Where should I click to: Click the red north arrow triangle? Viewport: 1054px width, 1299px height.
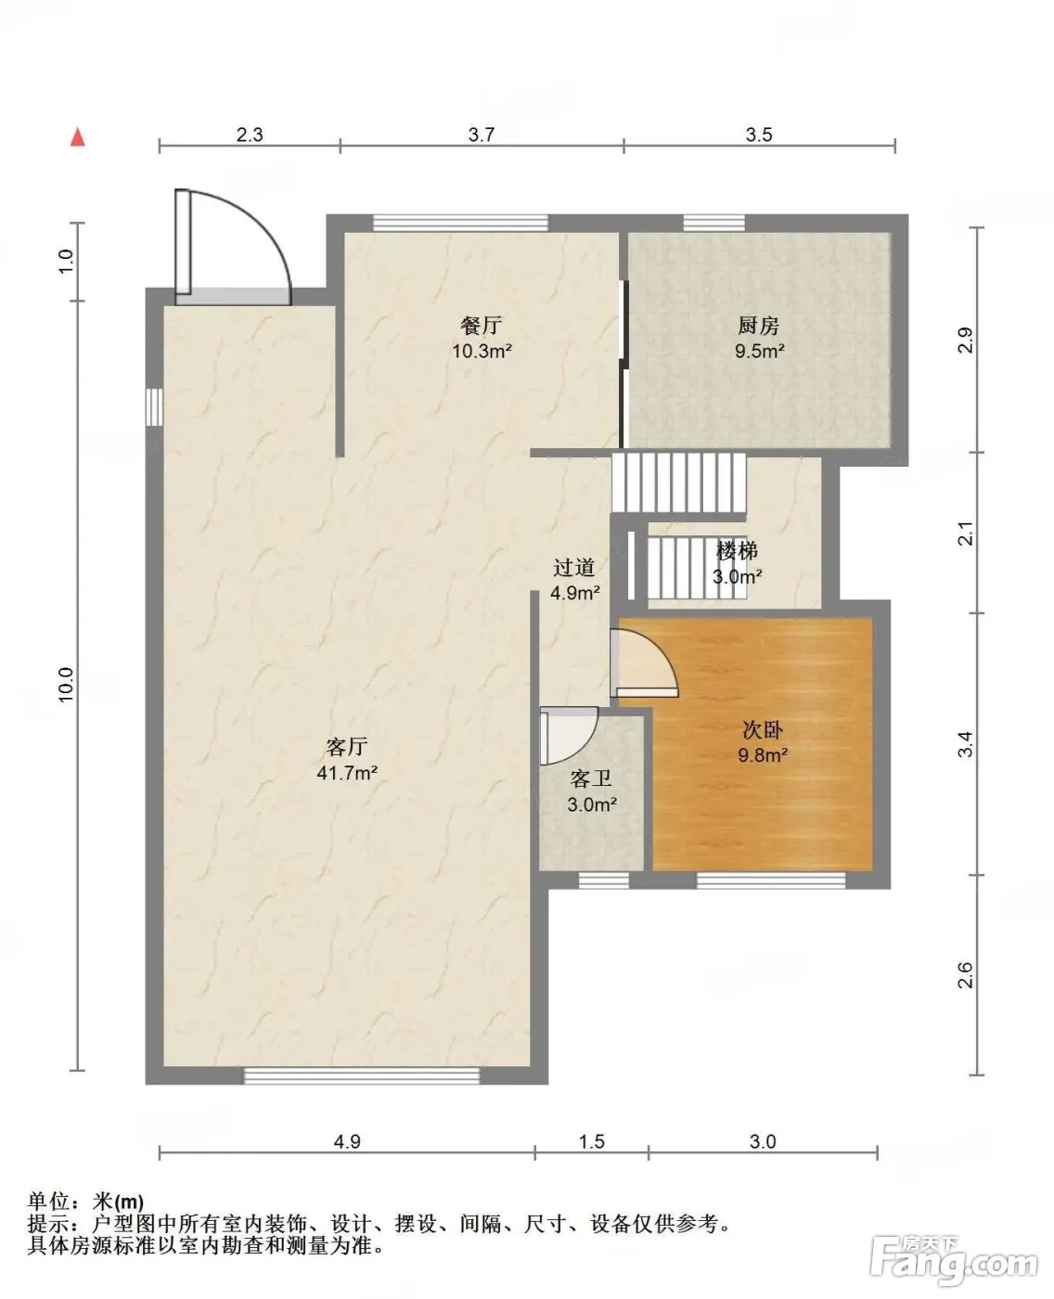point(77,138)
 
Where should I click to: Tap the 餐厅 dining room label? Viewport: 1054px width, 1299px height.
point(481,325)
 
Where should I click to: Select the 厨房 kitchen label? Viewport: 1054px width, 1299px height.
point(758,326)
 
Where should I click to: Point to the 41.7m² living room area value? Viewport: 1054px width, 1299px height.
point(347,773)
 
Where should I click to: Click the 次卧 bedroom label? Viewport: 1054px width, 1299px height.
point(763,729)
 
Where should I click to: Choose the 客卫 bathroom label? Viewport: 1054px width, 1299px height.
point(591,778)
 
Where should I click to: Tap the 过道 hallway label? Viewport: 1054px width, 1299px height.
point(573,567)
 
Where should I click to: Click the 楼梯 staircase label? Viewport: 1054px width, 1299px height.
point(737,551)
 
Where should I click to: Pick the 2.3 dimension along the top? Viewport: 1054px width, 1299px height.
point(250,135)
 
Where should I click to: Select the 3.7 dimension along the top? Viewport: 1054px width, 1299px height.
point(481,135)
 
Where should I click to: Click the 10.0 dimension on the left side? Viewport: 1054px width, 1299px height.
point(66,684)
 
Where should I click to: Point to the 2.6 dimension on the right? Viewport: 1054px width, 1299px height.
point(966,974)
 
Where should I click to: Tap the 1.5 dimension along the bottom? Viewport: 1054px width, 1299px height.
point(591,1141)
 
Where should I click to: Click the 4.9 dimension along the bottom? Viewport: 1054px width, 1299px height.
point(347,1141)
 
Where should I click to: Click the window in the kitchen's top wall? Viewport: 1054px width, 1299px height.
point(713,224)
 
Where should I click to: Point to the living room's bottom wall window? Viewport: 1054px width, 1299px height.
point(362,1075)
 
